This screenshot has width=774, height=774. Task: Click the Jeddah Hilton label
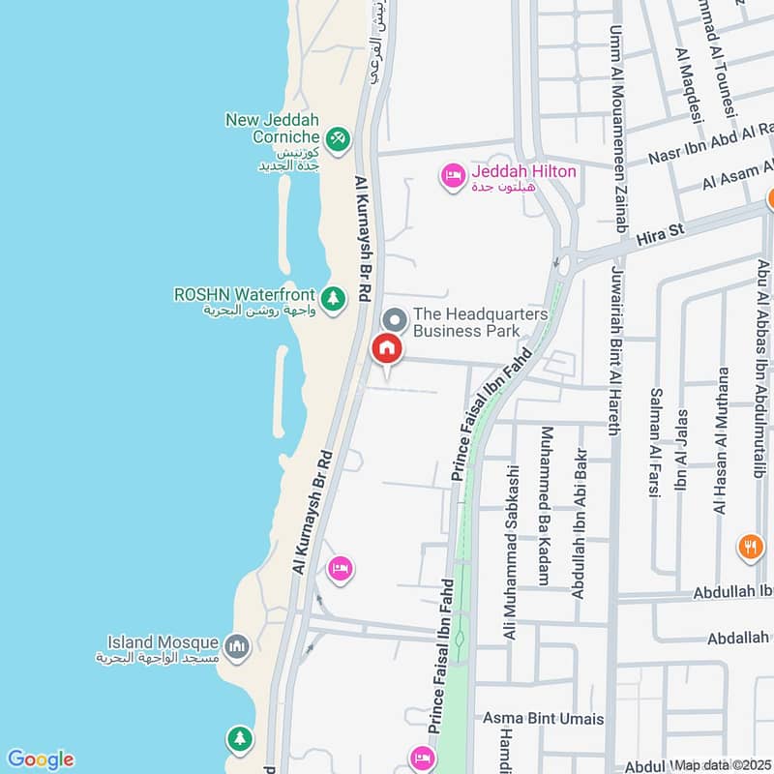[524, 172]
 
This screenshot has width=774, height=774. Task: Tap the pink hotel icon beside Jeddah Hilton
[452, 176]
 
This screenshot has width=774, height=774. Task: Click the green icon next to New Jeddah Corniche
[337, 140]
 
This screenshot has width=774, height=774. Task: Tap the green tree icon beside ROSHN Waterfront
[333, 298]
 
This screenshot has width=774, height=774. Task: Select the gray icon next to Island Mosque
[236, 644]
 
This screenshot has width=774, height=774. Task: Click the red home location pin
[387, 347]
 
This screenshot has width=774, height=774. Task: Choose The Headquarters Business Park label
[481, 322]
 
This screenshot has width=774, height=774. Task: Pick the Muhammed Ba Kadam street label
[546, 518]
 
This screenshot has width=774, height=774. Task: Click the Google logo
[40, 759]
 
